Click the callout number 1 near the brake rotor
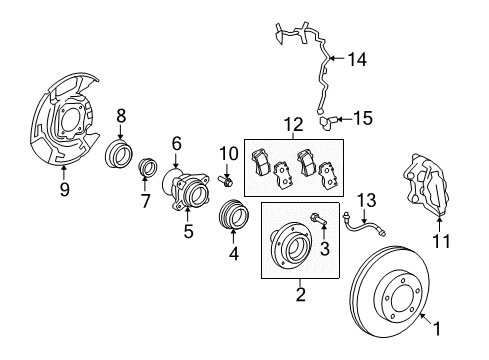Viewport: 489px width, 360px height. pyautogui.click(x=437, y=328)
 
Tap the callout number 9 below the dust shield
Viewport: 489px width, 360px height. pyautogui.click(x=65, y=189)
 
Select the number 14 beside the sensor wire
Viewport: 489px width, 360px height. pyautogui.click(x=357, y=60)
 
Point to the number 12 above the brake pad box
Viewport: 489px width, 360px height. pyautogui.click(x=294, y=124)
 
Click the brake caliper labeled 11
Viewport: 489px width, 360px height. pyautogui.click(x=427, y=184)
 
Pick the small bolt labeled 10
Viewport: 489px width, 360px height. pyautogui.click(x=226, y=181)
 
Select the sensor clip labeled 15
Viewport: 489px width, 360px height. pyautogui.click(x=327, y=121)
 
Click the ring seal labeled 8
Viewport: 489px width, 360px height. pyautogui.click(x=119, y=154)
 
